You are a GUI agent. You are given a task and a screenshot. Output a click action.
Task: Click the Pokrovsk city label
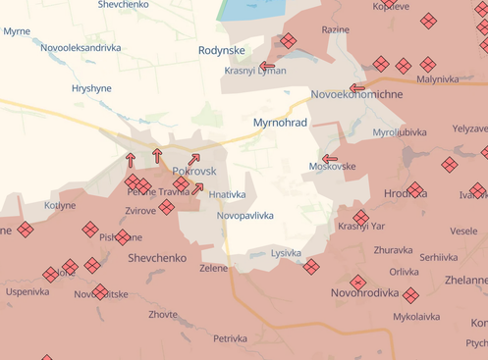pos(193,171)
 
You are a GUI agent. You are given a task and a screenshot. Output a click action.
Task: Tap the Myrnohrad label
pos(280,123)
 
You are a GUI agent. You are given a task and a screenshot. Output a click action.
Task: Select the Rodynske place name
pos(220,49)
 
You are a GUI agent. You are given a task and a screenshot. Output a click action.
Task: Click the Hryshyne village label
pos(91,87)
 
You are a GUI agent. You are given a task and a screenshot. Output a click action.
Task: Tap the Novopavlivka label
pos(245,215)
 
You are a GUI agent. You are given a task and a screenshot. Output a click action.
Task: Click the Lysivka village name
pos(286,252)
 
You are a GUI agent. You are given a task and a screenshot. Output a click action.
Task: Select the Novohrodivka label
pos(364,292)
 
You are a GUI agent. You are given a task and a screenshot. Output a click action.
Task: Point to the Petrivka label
pos(231,338)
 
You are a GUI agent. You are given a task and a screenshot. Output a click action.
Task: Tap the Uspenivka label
pos(27,291)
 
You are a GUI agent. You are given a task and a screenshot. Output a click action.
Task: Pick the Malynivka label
pos(438,78)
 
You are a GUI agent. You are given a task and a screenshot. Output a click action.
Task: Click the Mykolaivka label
pos(417,316)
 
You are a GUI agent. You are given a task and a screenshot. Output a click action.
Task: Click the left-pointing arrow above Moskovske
pos(330,157)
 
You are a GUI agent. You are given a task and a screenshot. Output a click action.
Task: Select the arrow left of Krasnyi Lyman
pos(267,66)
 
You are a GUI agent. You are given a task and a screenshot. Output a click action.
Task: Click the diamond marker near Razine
pos(288,40)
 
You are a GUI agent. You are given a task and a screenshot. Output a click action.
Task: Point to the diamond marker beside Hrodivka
pos(415,189)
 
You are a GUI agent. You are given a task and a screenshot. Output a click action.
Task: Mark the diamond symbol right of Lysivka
pos(310,266)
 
